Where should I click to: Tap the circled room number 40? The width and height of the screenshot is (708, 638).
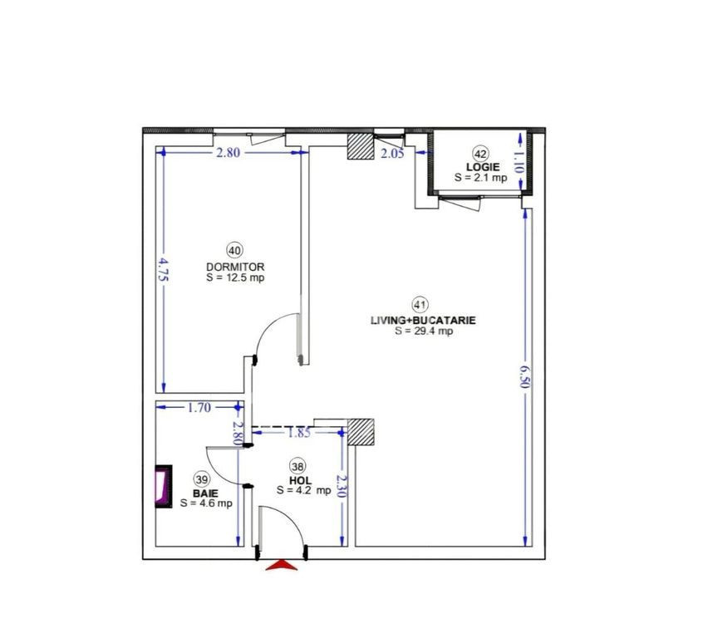(x=235, y=251)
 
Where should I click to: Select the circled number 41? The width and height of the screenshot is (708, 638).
(x=420, y=305)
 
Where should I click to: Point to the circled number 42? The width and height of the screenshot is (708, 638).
(x=481, y=154)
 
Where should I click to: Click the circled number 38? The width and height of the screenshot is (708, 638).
(x=297, y=466)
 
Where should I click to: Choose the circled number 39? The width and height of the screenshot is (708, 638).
(x=201, y=478)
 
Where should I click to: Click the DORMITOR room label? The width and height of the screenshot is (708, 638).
(x=235, y=267)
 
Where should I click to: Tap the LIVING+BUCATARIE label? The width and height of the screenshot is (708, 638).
(x=423, y=321)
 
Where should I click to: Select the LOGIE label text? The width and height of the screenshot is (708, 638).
(x=483, y=167)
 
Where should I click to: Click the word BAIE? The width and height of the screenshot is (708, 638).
(x=205, y=493)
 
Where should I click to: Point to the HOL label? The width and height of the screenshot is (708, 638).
(x=300, y=480)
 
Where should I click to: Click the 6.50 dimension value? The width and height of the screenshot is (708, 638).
(x=524, y=376)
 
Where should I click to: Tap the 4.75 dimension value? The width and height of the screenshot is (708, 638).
(x=163, y=269)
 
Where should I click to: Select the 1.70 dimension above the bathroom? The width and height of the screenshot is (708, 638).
(x=199, y=408)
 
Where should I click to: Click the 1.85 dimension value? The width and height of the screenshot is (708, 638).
(x=299, y=433)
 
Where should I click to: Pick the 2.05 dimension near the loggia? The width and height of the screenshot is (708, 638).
(x=392, y=154)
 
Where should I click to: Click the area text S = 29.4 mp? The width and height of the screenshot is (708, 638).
(x=424, y=331)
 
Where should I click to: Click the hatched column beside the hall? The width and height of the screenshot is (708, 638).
(x=361, y=432)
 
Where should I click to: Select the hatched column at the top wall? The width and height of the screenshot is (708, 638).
(x=361, y=146)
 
